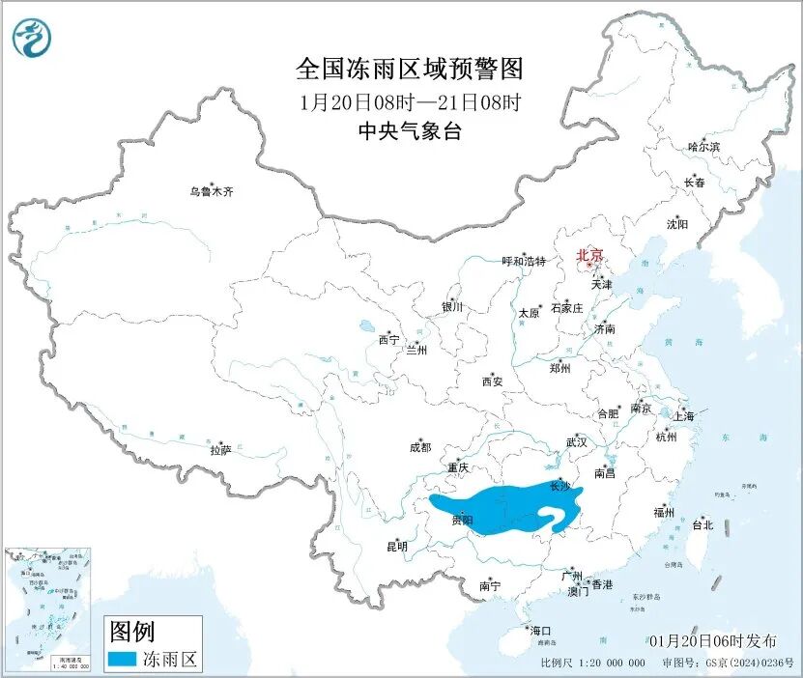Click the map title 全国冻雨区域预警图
coord(409,70)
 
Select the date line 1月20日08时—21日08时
coord(409,101)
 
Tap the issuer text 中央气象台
coord(409,132)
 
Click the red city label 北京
coord(589,256)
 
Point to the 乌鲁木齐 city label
coord(211,191)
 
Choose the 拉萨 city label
coord(220,450)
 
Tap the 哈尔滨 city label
coord(703,147)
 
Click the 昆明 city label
coord(397,547)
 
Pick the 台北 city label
coord(703,525)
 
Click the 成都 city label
coord(420,447)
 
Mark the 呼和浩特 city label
coord(524,262)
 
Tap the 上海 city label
coord(684,417)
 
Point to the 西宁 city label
coord(388,339)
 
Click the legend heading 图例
coord(132,633)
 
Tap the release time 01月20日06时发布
coord(713,641)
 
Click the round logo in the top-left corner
coord(32,38)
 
